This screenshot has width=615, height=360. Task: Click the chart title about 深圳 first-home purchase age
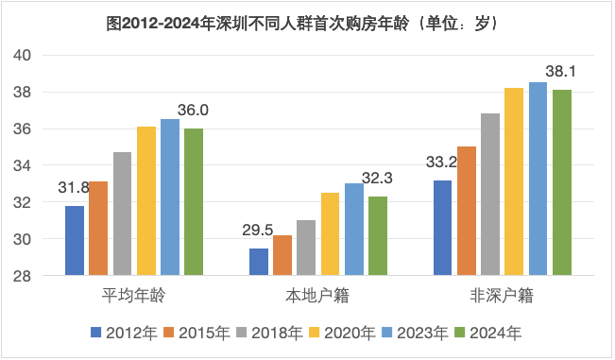coord(308,22)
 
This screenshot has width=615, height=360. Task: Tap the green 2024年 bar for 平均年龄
coord(194,202)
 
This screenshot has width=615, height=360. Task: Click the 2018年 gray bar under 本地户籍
coord(305,248)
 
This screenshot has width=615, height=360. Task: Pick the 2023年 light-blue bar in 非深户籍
coord(538,180)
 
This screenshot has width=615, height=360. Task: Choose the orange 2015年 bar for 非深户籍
coord(467,211)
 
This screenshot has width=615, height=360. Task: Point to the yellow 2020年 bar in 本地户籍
coord(330,234)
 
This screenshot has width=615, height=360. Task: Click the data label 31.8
coord(73,187)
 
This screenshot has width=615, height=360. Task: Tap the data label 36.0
coord(193,111)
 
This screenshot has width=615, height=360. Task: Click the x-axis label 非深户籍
coord(502,296)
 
